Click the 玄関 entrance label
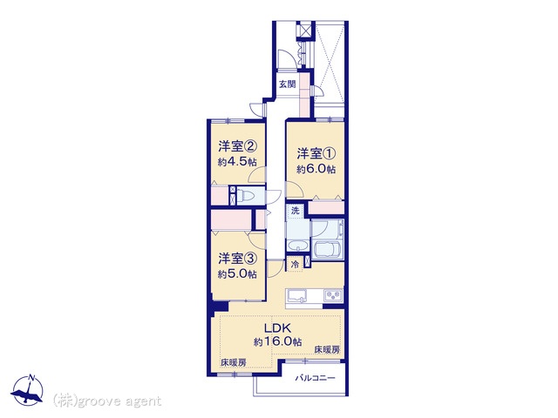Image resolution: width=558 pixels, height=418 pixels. (x=287, y=84)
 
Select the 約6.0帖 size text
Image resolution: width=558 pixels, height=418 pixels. (x=316, y=169)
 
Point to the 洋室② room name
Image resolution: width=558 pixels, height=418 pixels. (x=237, y=146)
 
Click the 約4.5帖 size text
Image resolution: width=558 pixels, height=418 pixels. (x=237, y=162)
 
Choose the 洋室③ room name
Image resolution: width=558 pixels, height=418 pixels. (x=237, y=259)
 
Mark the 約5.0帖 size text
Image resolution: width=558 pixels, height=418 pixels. (x=237, y=274)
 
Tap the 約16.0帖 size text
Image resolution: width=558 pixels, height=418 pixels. (x=278, y=342)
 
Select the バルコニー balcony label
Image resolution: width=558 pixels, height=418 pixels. (x=315, y=378)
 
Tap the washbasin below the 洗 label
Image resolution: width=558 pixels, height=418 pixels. (x=298, y=246)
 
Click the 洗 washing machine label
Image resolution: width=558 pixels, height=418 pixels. (x=295, y=211)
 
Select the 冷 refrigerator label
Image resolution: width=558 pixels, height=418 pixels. (x=295, y=265)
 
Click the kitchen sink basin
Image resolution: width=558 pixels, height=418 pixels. (x=297, y=296)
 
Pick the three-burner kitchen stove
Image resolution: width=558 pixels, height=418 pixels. (x=333, y=295)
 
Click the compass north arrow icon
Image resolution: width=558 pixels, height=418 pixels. (x=27, y=390)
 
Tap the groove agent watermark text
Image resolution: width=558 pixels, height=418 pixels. (x=107, y=401)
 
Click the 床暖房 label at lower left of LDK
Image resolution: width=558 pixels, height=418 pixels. (x=234, y=363)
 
